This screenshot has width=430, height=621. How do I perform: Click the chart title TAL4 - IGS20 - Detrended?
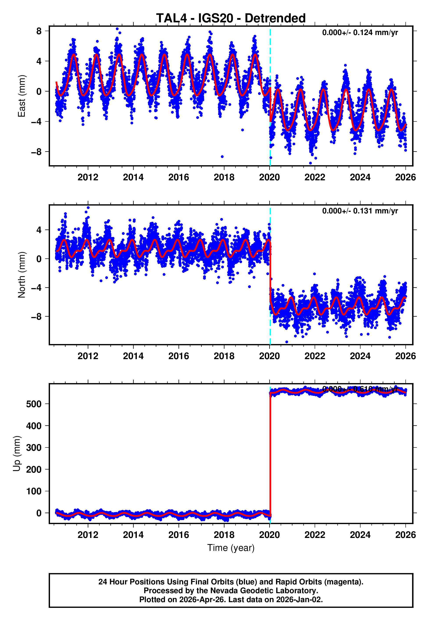231,18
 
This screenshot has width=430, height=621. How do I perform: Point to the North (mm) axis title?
21,275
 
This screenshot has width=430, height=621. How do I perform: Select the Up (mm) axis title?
17,453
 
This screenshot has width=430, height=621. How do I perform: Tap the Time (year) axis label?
231,548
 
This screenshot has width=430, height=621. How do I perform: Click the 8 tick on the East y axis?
39,31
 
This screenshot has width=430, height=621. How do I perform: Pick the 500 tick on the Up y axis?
34,404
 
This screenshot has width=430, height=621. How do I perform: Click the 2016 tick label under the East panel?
179,177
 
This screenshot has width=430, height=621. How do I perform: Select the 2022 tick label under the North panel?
315,356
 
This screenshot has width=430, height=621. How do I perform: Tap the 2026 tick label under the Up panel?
405,535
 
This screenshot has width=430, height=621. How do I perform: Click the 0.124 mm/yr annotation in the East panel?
360,33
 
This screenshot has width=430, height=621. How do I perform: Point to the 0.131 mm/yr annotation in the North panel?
360,211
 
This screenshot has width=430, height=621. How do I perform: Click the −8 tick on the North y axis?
36,317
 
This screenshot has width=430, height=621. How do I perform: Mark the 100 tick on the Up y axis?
34,491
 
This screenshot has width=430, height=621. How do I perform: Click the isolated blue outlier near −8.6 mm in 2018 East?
222,157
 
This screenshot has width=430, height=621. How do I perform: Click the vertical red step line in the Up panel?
270,452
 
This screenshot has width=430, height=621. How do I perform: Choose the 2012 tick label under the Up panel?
88,535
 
